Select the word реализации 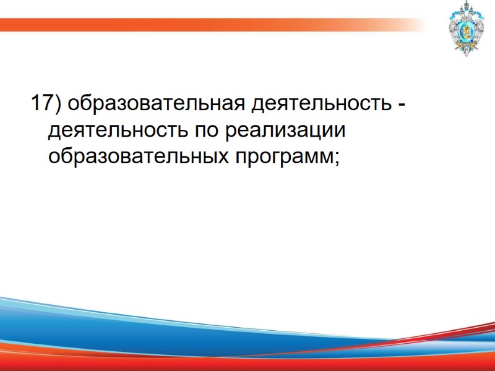[286, 130]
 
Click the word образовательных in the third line [137, 156]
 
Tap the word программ [282, 158]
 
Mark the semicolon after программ [337, 159]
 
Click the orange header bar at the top [186, 25]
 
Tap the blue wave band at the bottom [186, 334]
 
